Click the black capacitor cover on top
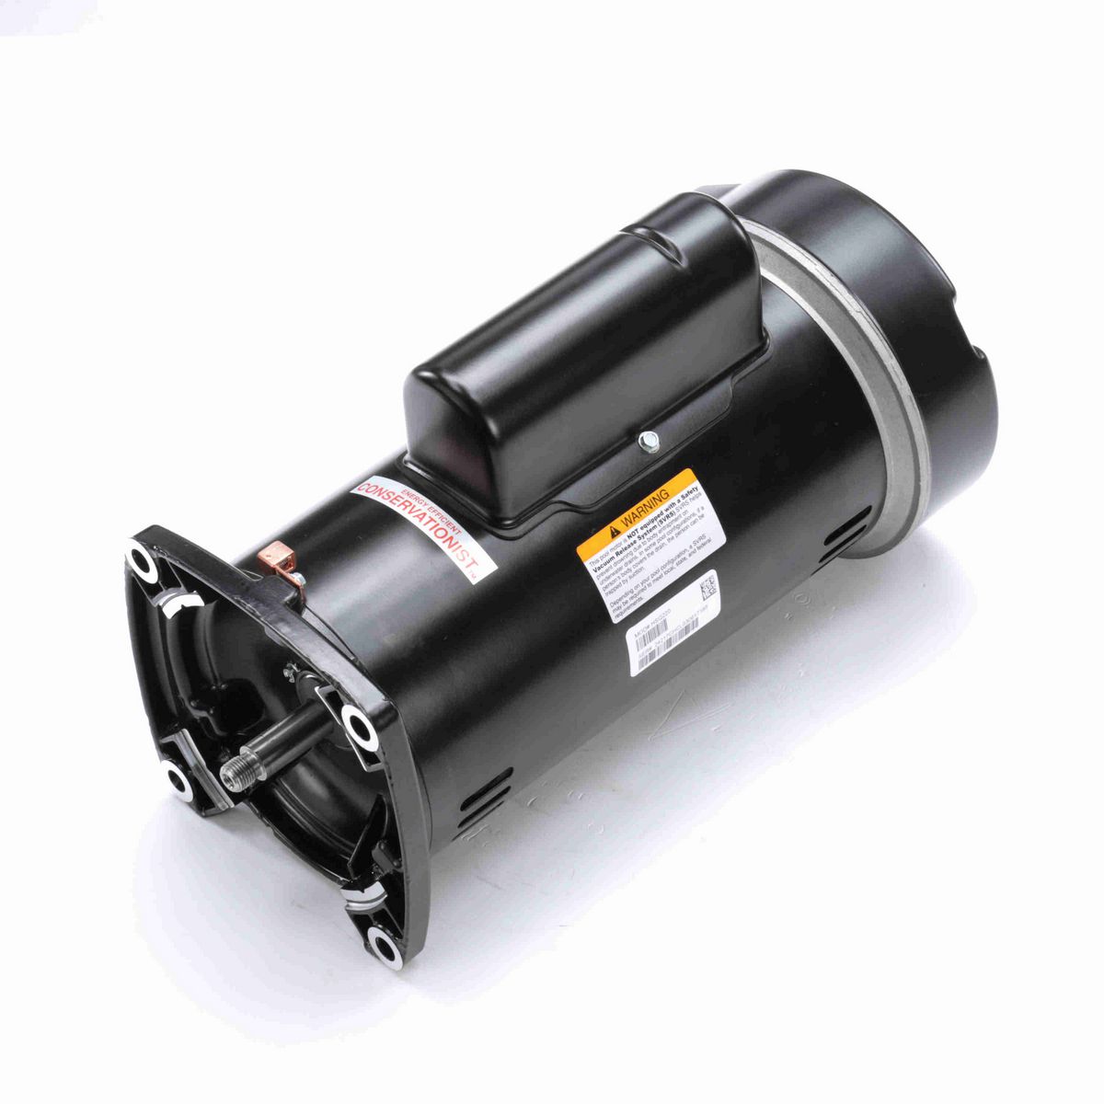pos(589,359)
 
